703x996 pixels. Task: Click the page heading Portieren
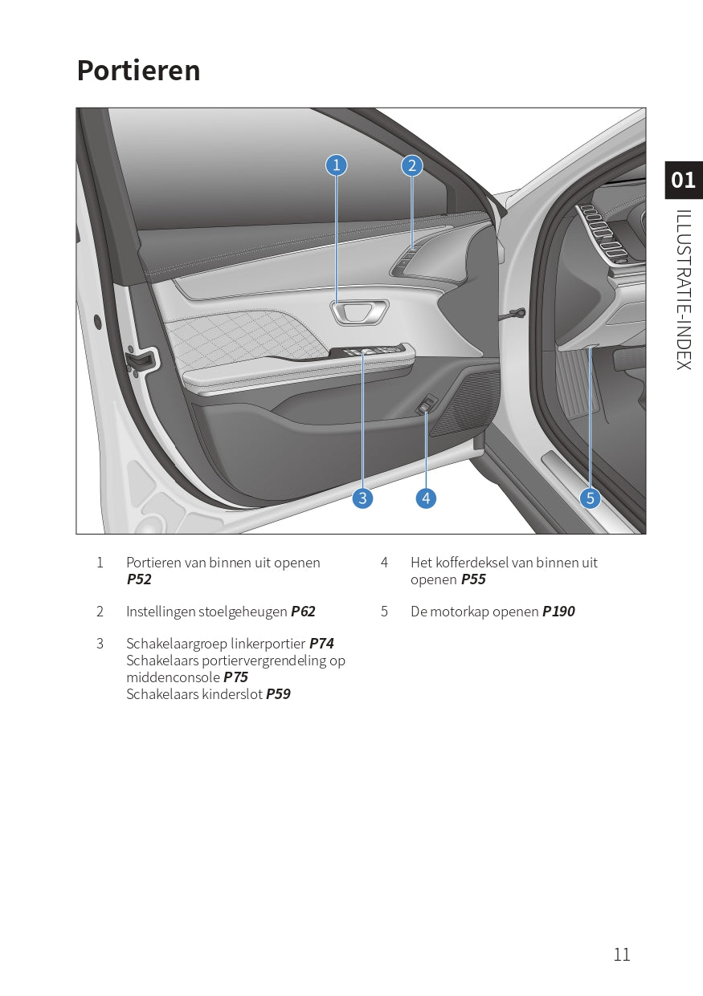tap(138, 71)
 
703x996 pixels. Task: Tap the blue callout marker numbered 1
tap(336, 165)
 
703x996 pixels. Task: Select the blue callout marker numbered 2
tap(412, 165)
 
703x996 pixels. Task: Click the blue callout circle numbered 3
tap(362, 498)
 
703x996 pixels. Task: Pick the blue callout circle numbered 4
tap(426, 498)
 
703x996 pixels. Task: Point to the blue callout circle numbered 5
tap(591, 498)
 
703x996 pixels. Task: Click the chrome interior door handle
tap(358, 311)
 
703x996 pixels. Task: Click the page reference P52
tap(139, 579)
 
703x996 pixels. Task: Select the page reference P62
tap(303, 612)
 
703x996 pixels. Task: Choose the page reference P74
tap(321, 644)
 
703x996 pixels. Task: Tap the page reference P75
tap(235, 677)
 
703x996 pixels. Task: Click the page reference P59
tap(278, 694)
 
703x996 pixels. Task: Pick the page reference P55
tap(473, 579)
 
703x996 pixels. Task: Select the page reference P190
tap(558, 612)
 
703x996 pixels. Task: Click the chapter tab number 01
tap(683, 180)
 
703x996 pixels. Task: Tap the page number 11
tap(622, 954)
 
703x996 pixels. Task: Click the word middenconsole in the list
tap(172, 677)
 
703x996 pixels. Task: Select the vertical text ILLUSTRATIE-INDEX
tap(683, 289)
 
